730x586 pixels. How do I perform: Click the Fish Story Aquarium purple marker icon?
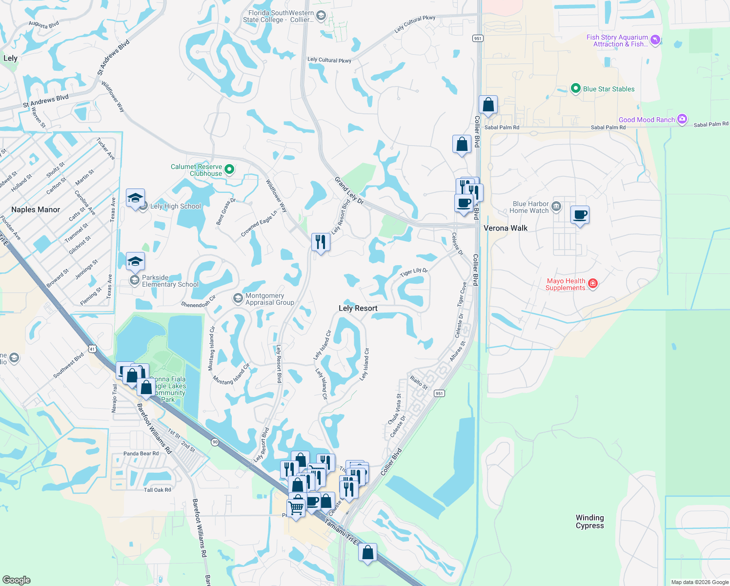click(x=655, y=40)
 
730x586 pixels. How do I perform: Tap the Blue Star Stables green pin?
click(x=575, y=89)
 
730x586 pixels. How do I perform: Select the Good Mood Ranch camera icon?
click(x=682, y=119)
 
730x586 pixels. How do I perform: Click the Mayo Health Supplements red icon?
click(x=593, y=284)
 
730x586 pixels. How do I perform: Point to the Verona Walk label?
click(x=505, y=228)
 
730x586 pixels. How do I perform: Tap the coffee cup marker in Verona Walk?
click(x=580, y=215)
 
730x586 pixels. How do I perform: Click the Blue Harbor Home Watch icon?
click(x=556, y=208)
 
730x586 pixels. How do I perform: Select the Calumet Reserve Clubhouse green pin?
click(x=229, y=169)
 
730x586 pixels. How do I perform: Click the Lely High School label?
click(x=175, y=206)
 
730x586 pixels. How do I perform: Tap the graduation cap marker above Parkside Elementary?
click(x=135, y=261)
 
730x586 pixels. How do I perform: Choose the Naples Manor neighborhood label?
click(x=36, y=209)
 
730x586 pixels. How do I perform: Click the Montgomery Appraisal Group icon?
click(x=238, y=298)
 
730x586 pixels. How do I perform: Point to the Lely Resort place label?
click(x=358, y=308)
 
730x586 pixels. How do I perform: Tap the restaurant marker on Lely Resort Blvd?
click(x=321, y=242)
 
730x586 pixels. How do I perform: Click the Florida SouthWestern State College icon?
click(x=321, y=16)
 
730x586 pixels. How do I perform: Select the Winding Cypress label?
click(x=589, y=522)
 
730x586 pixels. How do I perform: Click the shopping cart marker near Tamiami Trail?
click(x=296, y=508)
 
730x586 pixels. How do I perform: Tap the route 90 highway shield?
click(x=215, y=442)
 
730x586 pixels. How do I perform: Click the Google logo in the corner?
click(x=17, y=580)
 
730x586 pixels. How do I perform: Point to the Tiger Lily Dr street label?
click(x=414, y=272)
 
